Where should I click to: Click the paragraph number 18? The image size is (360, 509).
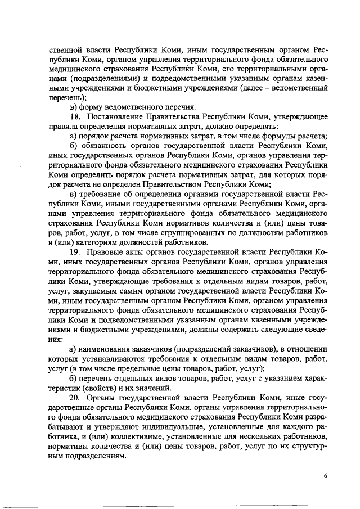click(x=76, y=116)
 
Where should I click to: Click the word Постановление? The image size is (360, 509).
click(x=118, y=116)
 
